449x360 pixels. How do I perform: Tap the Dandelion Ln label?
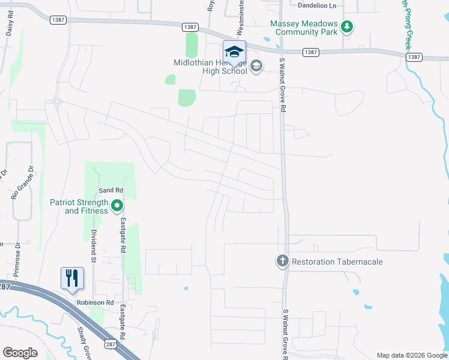tap(318, 5)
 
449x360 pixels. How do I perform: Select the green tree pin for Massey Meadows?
tap(346, 26)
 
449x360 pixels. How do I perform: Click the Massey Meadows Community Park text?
tap(304, 28)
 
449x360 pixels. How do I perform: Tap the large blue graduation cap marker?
tap(235, 51)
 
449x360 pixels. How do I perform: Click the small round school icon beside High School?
tap(256, 66)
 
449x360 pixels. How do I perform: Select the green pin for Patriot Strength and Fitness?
tap(117, 206)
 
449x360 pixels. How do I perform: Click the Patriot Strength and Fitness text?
tap(79, 206)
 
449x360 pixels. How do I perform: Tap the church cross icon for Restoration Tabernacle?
tap(282, 261)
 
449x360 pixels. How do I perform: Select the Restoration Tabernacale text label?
tap(337, 262)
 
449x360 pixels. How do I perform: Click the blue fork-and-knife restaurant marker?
tap(72, 278)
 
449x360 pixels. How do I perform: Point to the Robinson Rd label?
tap(95, 303)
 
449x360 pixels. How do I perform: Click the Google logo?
tap(20, 353)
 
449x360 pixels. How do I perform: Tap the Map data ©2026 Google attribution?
tap(411, 355)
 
